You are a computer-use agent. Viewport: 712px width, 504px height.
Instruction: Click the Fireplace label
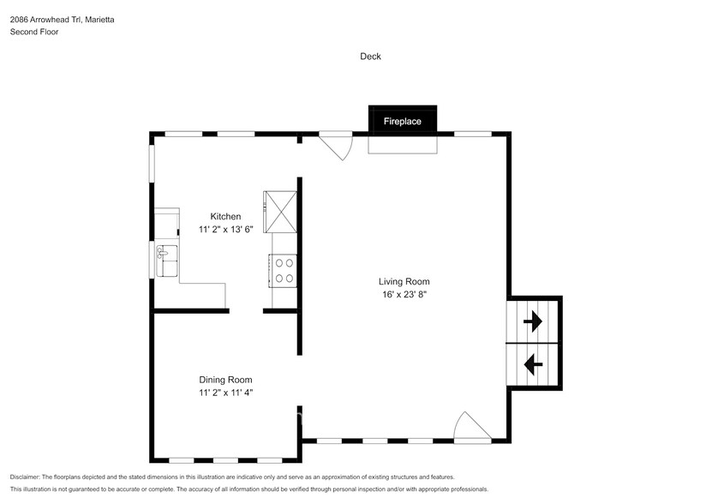(402, 122)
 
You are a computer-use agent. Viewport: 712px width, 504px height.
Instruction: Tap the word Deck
(370, 57)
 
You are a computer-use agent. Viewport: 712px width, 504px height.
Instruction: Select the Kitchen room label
(226, 217)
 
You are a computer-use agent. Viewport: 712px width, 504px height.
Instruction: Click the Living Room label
(404, 281)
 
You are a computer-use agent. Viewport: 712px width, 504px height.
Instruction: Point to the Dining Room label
(225, 380)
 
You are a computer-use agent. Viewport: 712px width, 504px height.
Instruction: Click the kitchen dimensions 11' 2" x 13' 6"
(225, 230)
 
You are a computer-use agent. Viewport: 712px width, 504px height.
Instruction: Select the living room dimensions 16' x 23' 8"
(404, 295)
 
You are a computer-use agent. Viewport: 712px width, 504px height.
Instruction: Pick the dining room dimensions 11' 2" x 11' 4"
(225, 393)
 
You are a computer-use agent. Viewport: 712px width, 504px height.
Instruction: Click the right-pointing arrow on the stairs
(533, 321)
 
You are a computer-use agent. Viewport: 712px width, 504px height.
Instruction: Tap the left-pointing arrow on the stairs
(533, 364)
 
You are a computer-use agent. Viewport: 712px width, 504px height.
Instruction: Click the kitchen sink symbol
(166, 255)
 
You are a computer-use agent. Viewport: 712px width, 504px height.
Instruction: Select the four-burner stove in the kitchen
(284, 271)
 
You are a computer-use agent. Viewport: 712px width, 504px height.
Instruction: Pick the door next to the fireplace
(337, 145)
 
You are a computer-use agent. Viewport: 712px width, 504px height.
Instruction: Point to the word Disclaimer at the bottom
(25, 477)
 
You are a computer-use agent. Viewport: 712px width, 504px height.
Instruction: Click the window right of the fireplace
(472, 134)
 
